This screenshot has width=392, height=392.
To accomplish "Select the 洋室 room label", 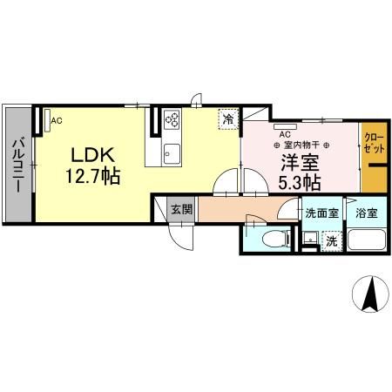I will click(299, 162).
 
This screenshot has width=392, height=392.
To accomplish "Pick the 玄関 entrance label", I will click(181, 210).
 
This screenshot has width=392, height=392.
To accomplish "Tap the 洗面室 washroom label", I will click(320, 213).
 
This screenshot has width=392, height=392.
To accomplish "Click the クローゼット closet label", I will click(373, 144).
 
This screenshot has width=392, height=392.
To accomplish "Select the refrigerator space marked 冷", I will click(227, 118).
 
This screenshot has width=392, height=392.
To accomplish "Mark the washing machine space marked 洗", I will click(331, 241).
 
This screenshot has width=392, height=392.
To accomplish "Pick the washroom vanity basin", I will click(308, 238).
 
